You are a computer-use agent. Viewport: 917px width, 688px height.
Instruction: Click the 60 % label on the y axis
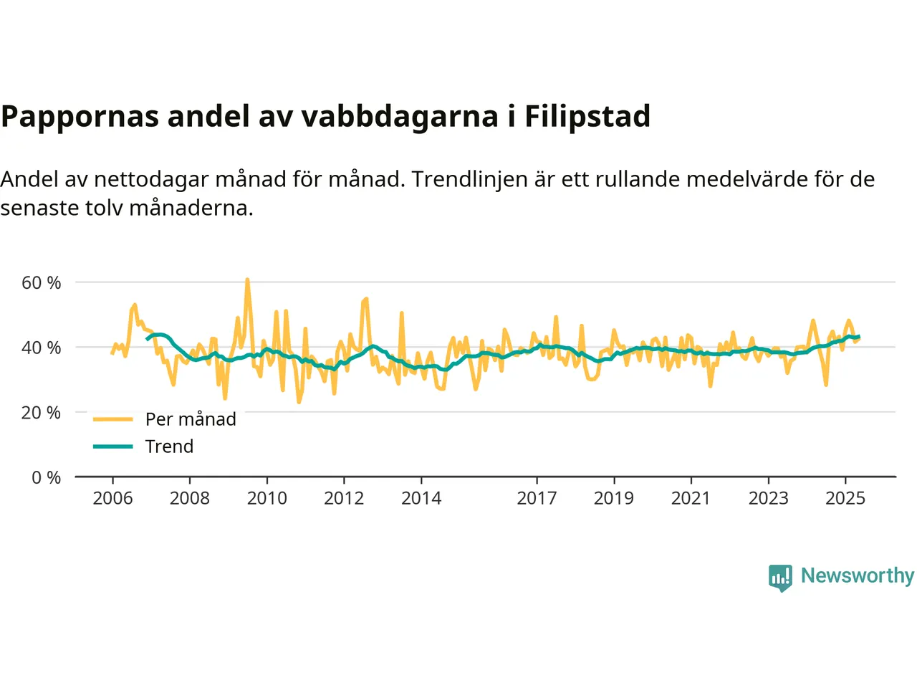click(x=41, y=283)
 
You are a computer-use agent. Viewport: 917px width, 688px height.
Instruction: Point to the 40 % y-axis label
click(x=41, y=348)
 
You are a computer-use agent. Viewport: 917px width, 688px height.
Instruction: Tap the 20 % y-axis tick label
click(x=41, y=413)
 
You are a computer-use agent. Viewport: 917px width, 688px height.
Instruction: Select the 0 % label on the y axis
click(x=46, y=478)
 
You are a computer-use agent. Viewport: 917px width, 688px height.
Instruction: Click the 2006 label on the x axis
click(x=112, y=498)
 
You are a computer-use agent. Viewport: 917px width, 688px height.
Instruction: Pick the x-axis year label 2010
click(x=267, y=498)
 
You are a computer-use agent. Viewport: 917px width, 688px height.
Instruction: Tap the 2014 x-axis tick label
click(x=421, y=498)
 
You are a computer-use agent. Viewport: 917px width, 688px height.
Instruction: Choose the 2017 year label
click(x=537, y=498)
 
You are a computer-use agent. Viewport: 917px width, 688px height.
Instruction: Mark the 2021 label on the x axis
click(x=691, y=498)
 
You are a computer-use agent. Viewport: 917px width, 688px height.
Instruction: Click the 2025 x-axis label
click(x=845, y=498)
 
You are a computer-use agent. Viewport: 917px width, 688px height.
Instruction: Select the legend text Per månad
click(x=191, y=419)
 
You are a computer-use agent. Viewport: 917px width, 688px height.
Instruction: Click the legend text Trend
click(x=169, y=446)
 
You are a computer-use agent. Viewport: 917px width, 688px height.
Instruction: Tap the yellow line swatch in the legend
click(x=113, y=419)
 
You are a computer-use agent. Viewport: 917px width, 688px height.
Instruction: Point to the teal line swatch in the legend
click(x=113, y=446)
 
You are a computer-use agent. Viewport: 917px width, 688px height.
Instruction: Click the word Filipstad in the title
click(x=587, y=116)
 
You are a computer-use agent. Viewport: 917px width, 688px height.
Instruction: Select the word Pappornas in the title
click(x=80, y=116)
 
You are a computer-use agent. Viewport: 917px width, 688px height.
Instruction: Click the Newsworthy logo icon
click(x=780, y=577)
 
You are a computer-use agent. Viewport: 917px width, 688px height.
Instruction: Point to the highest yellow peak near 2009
click(x=247, y=279)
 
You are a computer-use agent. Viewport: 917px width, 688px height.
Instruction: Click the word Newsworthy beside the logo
click(x=857, y=575)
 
